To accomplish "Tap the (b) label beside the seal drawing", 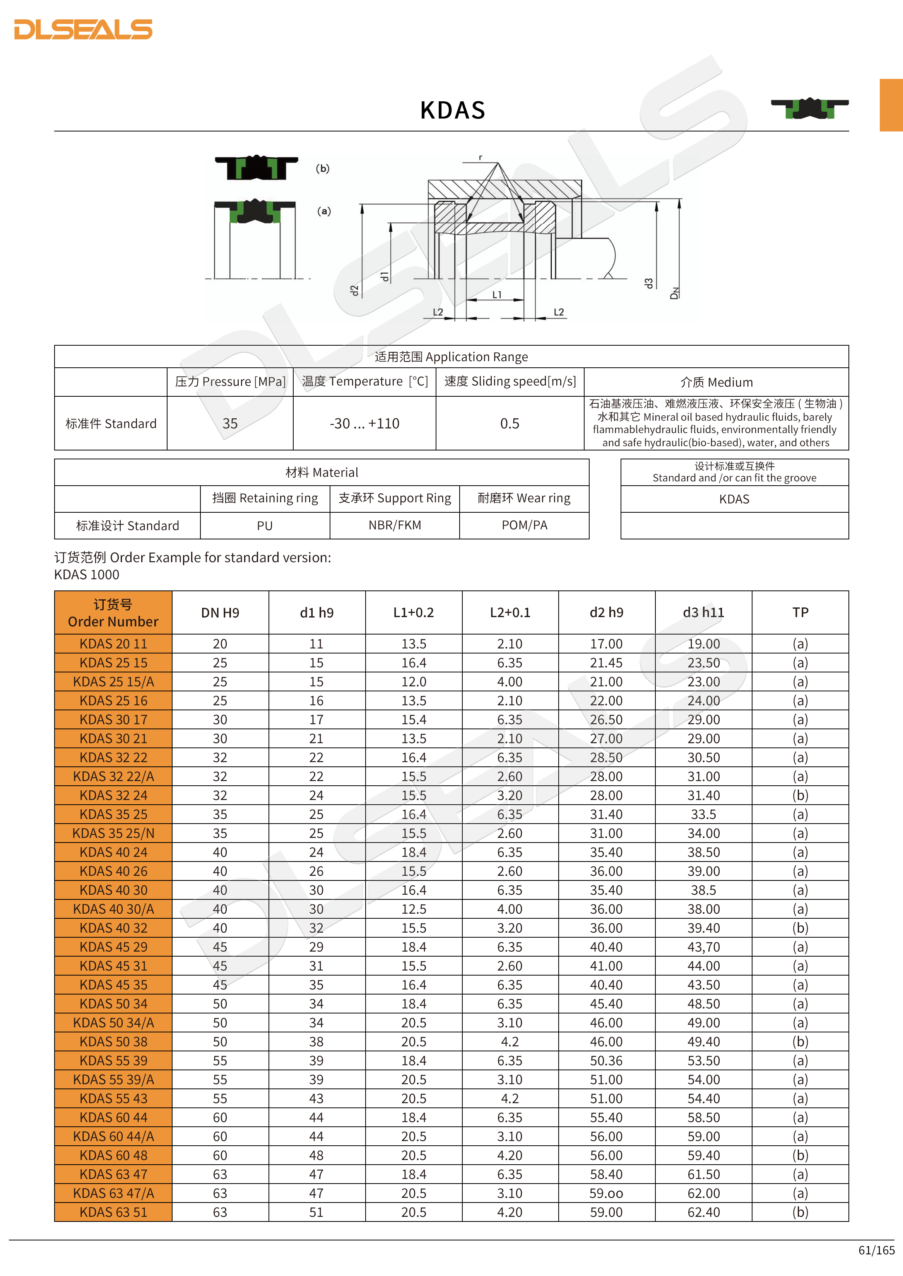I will pyautogui.click(x=323, y=168).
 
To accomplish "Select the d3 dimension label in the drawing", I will pyautogui.click(x=648, y=283).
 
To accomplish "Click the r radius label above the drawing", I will pyautogui.click(x=481, y=157).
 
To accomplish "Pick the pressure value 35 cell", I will pyautogui.click(x=230, y=423).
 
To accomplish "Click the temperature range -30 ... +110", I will pyautogui.click(x=364, y=423).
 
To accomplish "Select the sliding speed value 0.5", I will pyautogui.click(x=509, y=423).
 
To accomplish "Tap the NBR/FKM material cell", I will pyautogui.click(x=395, y=525).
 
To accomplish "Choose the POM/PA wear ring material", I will pyautogui.click(x=524, y=525).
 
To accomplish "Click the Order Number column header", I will pyautogui.click(x=113, y=612).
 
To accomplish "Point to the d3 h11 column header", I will pyautogui.click(x=703, y=612).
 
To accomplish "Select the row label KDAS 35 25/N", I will pyautogui.click(x=113, y=833).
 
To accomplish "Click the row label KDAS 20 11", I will pyautogui.click(x=113, y=643).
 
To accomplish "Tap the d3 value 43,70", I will pyautogui.click(x=703, y=947).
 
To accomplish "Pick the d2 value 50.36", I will pyautogui.click(x=606, y=1060).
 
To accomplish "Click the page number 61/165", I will pyautogui.click(x=876, y=1250).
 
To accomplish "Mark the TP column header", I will pyautogui.click(x=800, y=612).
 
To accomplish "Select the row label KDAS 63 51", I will pyautogui.click(x=113, y=1212).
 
